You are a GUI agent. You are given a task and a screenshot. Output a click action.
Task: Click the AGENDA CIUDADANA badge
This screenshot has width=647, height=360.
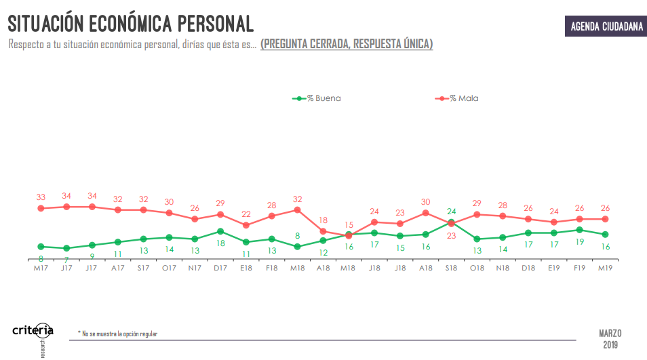(606, 26)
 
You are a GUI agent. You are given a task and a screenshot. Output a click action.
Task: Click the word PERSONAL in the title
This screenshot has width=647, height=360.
(216, 24)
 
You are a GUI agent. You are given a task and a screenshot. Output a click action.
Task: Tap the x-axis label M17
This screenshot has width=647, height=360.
(41, 267)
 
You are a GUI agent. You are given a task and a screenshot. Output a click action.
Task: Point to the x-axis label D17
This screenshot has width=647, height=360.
(220, 267)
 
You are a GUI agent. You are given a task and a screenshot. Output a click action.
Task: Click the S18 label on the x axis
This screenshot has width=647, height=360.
(451, 267)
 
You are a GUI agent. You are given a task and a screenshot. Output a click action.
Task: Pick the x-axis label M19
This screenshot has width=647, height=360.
(605, 267)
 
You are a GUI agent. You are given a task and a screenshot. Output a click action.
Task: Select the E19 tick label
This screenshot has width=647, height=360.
(553, 267)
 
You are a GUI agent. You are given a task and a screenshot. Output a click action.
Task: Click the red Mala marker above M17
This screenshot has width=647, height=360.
(41, 208)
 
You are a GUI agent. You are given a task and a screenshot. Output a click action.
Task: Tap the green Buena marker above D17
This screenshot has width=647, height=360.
(220, 231)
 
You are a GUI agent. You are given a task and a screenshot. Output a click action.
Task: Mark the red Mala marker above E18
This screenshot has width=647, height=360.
(246, 225)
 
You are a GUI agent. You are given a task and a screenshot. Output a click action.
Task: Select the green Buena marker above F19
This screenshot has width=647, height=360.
(579, 230)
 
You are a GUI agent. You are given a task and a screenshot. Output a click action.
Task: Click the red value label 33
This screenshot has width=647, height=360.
(41, 197)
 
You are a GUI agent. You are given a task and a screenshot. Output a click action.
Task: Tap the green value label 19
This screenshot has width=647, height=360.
(579, 241)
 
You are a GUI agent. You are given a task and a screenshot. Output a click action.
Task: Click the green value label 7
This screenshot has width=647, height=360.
(66, 259)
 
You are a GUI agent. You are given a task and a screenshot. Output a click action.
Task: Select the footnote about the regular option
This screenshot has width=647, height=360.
(117, 334)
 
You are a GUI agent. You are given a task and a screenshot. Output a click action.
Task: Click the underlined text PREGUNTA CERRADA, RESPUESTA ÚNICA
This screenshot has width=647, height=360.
(347, 44)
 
